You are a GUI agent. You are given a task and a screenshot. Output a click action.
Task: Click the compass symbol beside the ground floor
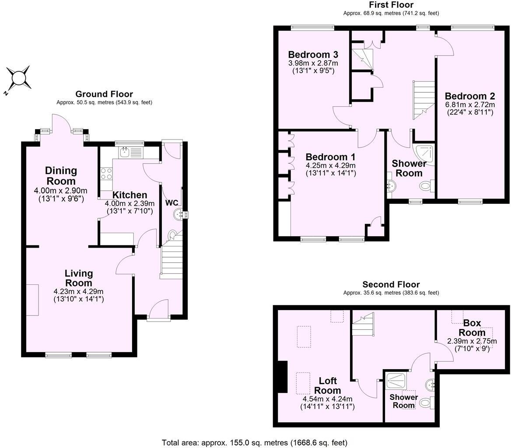point(18,78)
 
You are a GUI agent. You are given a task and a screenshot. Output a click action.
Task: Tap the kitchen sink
point(125,153)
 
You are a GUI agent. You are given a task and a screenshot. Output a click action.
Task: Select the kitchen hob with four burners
point(106,174)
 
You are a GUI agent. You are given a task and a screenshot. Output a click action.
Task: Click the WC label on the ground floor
point(172,203)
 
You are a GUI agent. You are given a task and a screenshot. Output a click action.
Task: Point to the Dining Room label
point(61,175)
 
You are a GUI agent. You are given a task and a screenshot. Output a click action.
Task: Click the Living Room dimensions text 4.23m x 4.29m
point(78,292)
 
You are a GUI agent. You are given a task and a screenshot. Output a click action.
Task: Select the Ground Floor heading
point(104,94)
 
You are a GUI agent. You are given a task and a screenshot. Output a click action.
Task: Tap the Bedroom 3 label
point(313,55)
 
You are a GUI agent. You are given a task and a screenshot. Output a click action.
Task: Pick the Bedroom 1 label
point(330,157)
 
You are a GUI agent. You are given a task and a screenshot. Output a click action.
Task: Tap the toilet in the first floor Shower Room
point(427,186)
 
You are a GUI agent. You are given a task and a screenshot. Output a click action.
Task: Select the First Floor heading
point(391,5)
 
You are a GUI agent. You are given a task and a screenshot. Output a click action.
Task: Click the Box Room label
point(472,328)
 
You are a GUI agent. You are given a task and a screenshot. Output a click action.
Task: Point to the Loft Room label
point(328,385)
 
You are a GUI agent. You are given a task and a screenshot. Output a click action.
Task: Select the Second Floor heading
point(391,285)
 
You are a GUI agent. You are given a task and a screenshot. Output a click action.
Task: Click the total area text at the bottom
point(254,442)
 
